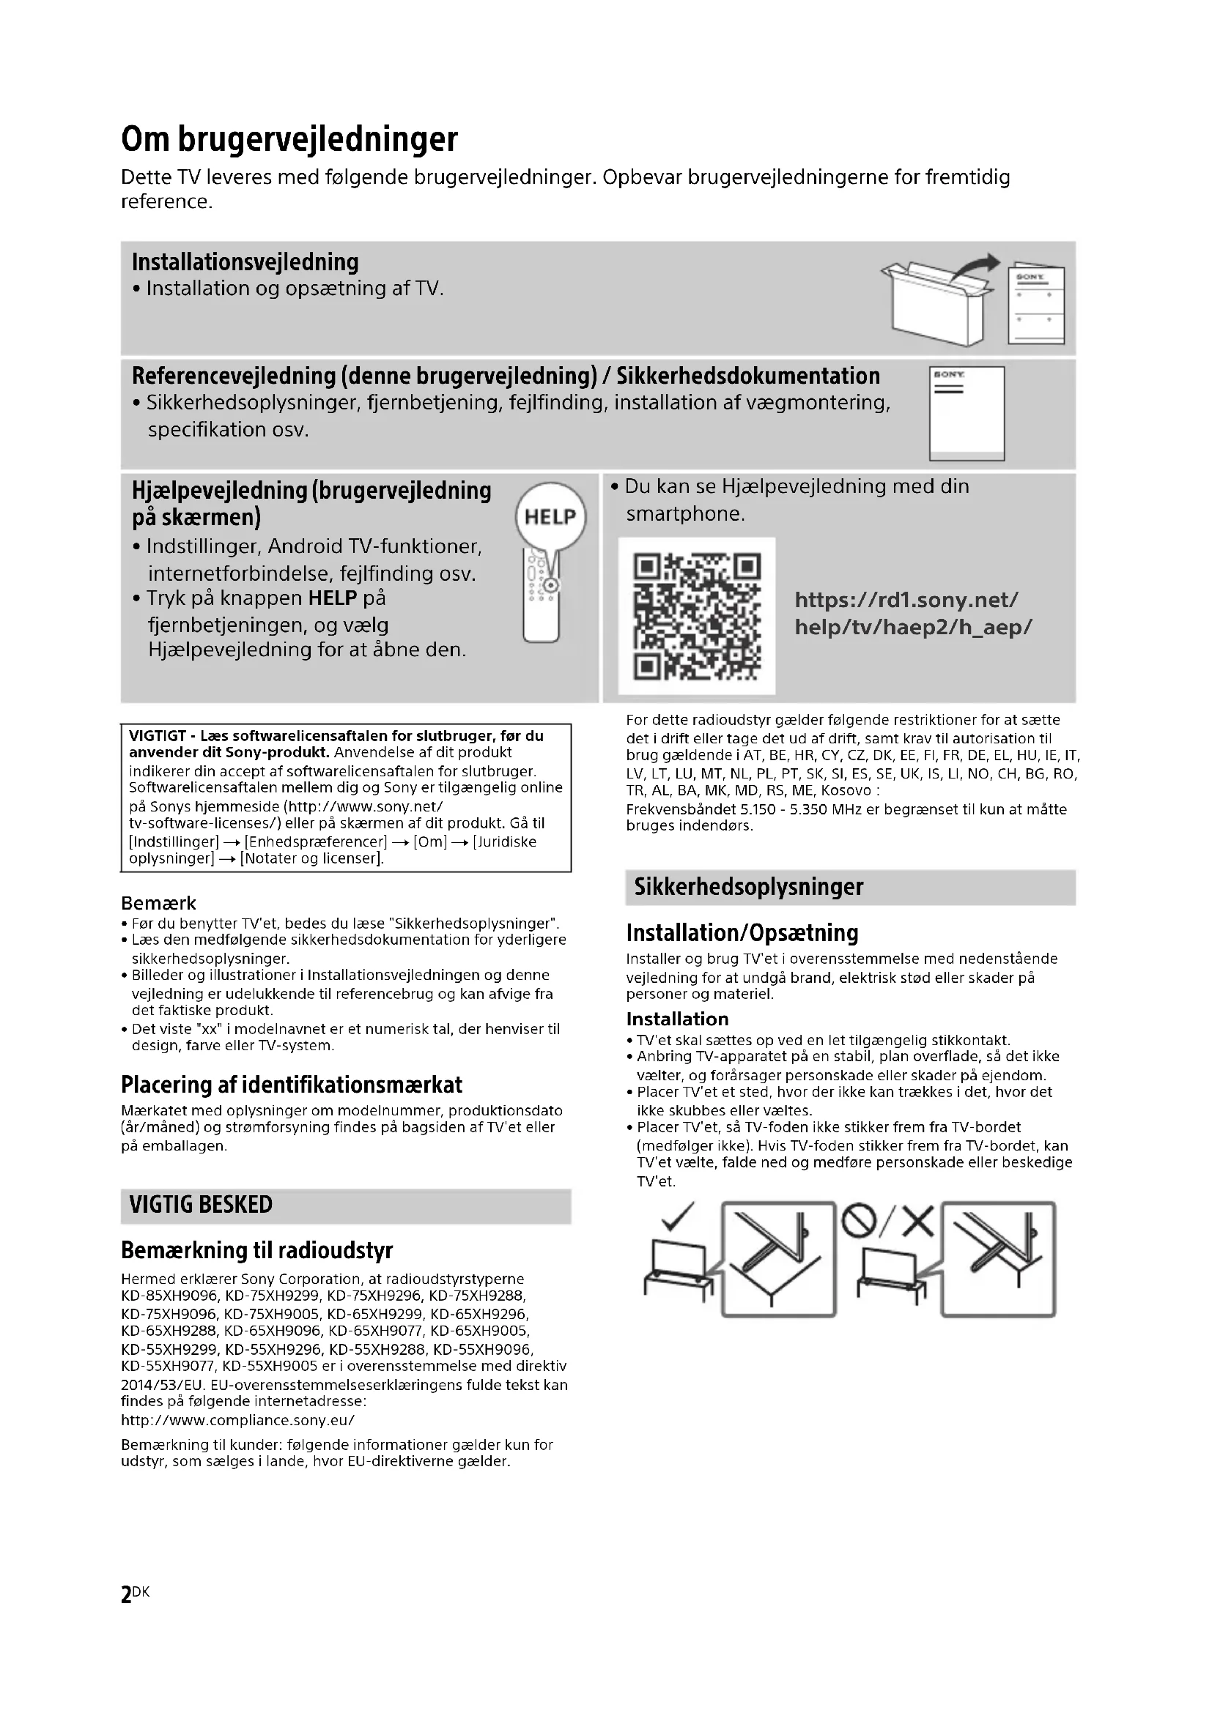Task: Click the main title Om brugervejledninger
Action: [x=289, y=140]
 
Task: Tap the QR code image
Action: [x=696, y=616]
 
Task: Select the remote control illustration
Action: [x=541, y=597]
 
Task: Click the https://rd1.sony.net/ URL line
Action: [x=906, y=600]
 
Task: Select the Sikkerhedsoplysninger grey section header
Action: [x=749, y=887]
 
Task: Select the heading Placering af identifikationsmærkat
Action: [x=292, y=1085]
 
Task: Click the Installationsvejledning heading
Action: [x=245, y=263]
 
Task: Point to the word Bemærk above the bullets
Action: [x=158, y=903]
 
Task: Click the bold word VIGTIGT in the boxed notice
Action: [x=158, y=735]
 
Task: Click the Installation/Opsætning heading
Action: [x=742, y=932]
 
